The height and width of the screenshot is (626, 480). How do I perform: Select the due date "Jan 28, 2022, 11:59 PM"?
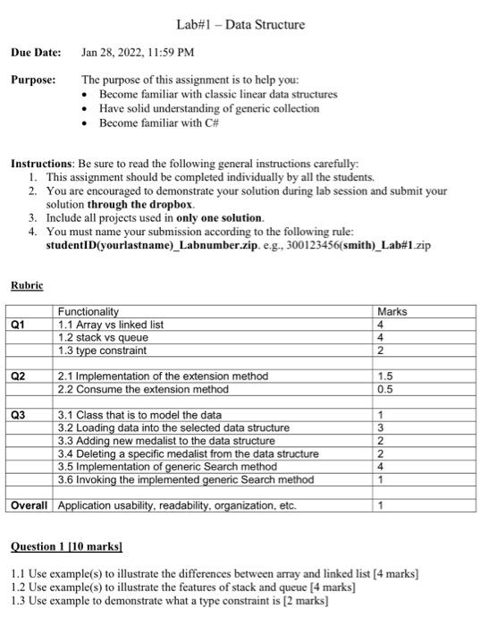coord(132,52)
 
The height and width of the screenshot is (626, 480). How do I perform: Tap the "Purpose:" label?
coord(33,80)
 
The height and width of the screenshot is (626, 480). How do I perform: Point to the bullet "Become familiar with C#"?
coord(155,123)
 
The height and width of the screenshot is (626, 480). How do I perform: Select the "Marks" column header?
coord(392,311)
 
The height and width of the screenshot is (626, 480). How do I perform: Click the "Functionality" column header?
coord(88,311)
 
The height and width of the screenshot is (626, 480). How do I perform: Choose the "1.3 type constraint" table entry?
coord(102,350)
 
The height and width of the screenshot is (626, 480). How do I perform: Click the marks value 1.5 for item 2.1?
coord(386,376)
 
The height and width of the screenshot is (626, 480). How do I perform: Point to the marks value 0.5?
coord(386,389)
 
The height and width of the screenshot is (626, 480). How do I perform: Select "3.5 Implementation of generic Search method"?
coord(167,467)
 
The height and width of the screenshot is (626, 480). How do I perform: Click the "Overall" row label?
coord(29,506)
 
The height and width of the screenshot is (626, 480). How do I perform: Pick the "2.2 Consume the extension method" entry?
coord(143,389)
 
